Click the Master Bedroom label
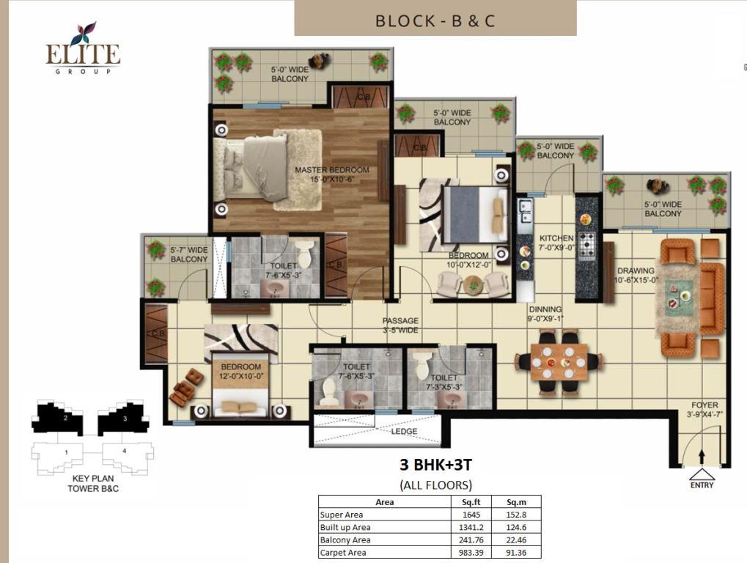[331, 174]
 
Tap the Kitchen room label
[556, 243]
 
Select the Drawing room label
[636, 275]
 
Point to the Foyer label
[704, 409]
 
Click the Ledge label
[404, 431]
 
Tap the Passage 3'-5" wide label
[400, 325]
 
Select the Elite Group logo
[83, 48]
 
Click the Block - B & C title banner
[435, 18]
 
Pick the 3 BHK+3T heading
[436, 465]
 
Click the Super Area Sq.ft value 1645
[471, 515]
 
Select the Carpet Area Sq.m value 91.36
[516, 553]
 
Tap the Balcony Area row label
[345, 540]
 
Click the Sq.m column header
[516, 502]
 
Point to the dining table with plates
[559, 362]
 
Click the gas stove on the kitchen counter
[587, 243]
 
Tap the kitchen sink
[525, 212]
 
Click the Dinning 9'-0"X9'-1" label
[545, 314]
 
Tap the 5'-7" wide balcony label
[189, 254]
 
